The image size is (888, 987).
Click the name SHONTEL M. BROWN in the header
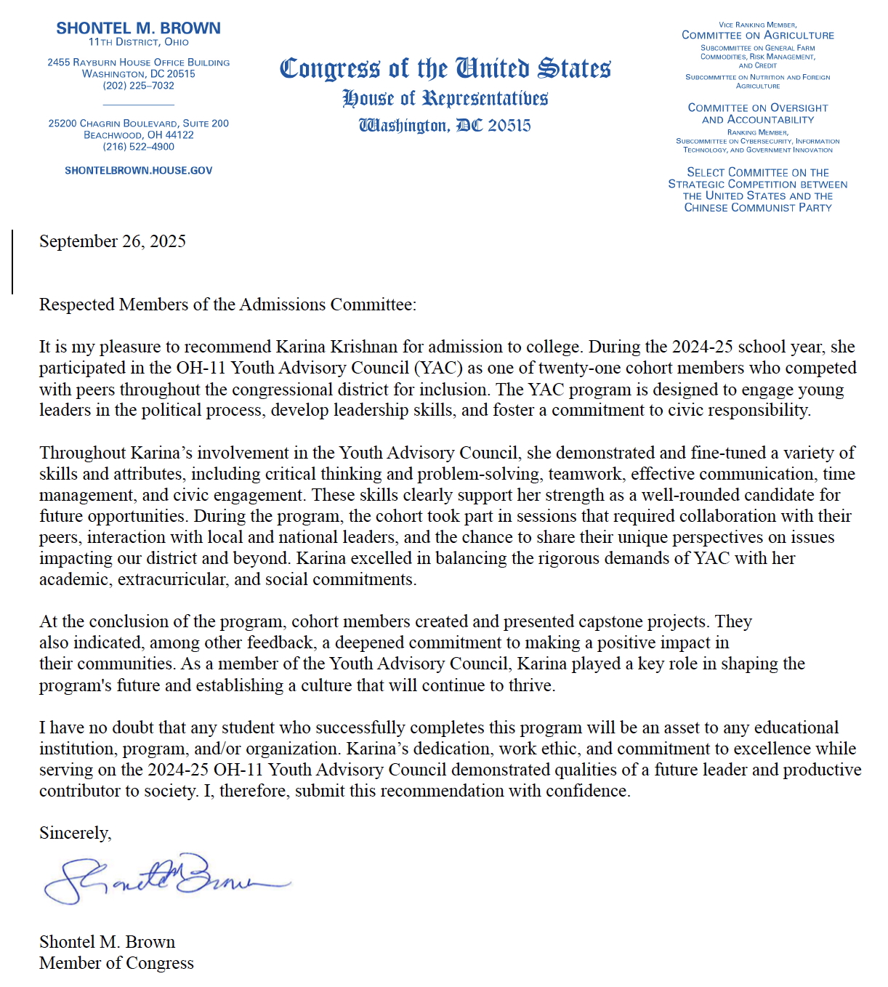138,28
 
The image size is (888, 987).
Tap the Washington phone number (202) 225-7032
138,86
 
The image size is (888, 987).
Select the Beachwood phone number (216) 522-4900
138,147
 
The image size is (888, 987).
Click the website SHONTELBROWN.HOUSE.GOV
138,171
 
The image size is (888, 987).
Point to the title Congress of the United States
445,68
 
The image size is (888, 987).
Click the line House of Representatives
445,98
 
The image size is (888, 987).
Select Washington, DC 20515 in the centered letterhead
445,126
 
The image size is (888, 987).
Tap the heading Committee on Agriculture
757,35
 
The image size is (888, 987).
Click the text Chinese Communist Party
757,208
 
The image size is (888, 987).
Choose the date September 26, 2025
113,242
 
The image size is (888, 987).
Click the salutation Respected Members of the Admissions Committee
227,305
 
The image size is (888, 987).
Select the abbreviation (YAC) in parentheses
438,368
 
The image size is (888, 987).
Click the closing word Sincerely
75,834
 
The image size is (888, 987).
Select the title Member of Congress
116,964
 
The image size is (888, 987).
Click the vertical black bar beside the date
12,262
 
